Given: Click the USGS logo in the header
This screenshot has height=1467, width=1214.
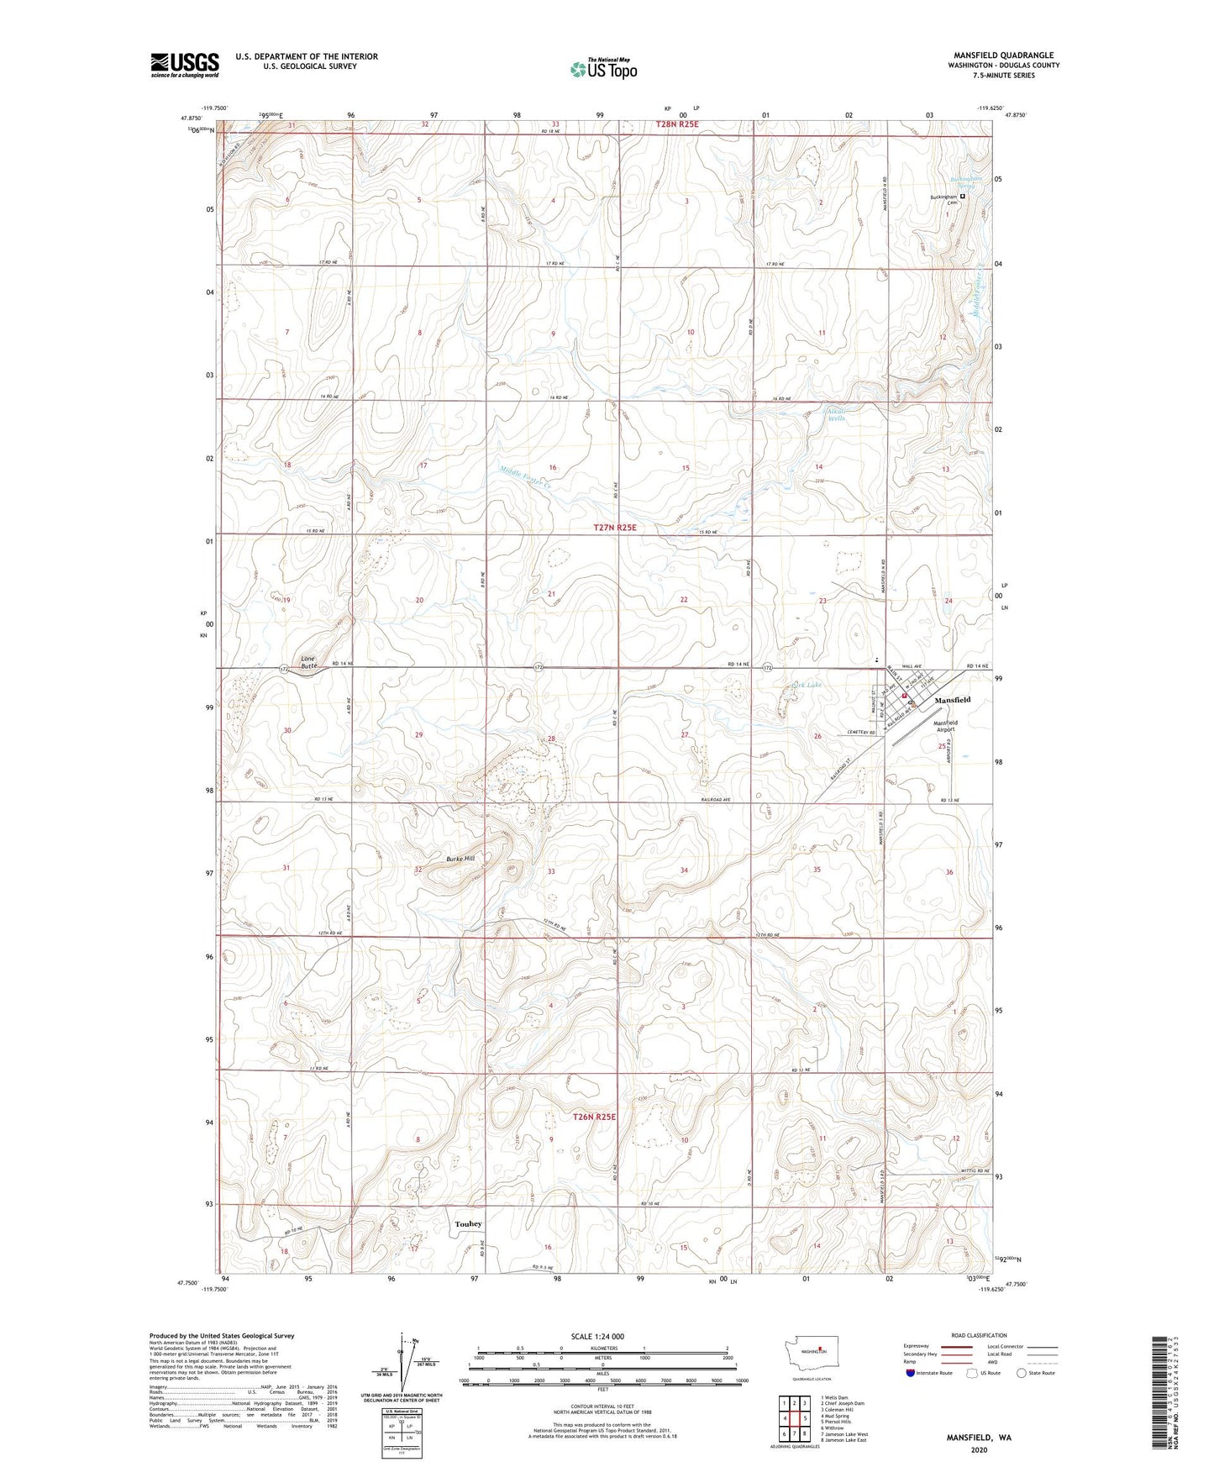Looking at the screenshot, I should click(x=184, y=65).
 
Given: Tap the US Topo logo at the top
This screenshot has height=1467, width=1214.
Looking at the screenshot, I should click(x=602, y=69).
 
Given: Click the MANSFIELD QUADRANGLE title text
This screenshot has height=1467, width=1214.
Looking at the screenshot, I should click(x=1003, y=55).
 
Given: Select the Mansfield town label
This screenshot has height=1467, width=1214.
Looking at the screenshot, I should click(x=953, y=700).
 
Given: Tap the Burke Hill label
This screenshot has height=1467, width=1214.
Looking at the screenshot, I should click(x=460, y=859).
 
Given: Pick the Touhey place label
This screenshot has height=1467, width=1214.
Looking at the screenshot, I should click(x=469, y=1224).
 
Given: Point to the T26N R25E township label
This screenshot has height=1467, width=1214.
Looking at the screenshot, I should click(x=594, y=1117).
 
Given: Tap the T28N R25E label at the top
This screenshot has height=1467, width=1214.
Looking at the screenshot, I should click(x=676, y=124).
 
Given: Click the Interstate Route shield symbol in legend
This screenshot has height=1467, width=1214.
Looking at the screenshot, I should click(x=912, y=1373).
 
